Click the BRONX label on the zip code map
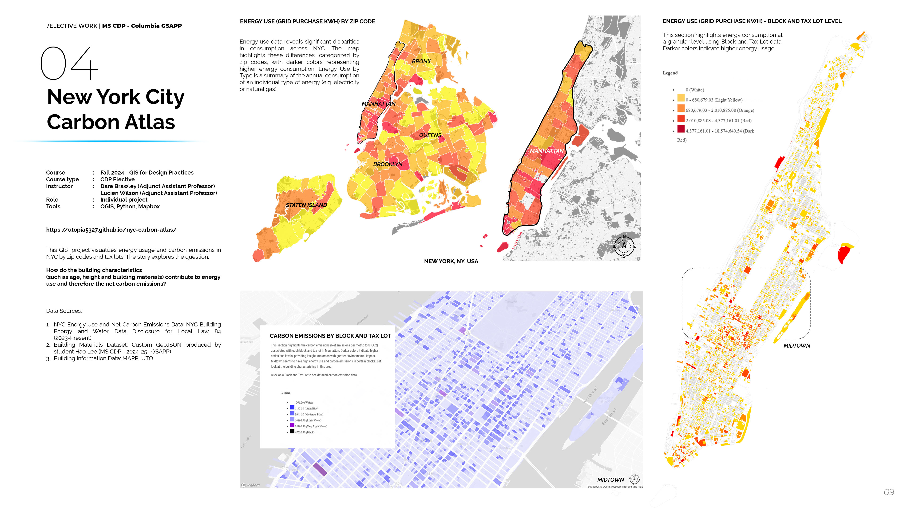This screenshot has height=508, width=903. point(421,61)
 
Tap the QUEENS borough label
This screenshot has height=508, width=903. point(430,135)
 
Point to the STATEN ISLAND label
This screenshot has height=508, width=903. point(306,205)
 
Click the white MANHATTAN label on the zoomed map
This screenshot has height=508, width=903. point(547,151)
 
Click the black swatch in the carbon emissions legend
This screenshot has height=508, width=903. point(292,432)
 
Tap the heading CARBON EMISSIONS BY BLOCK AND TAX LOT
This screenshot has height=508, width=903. point(330,336)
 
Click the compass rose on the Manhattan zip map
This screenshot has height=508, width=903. point(624,246)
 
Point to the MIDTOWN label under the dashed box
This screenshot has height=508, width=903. point(796,346)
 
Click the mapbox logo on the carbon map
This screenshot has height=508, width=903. point(251,485)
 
